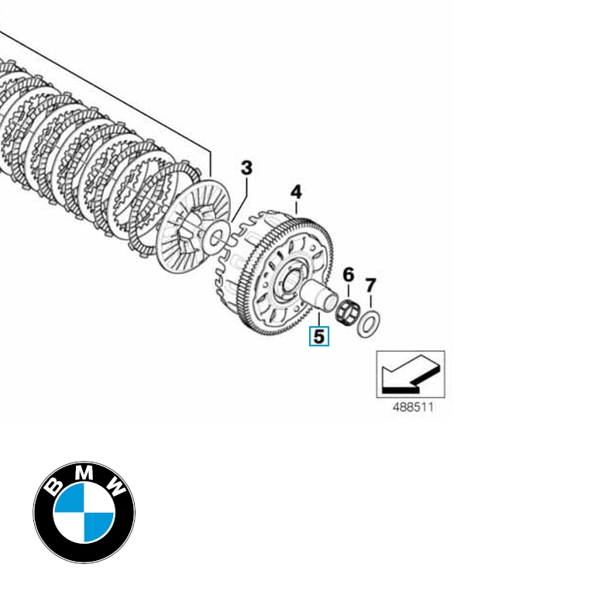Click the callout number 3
[x=246, y=167]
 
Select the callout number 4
[x=296, y=191]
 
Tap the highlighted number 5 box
[x=319, y=336]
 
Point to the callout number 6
[x=349, y=274]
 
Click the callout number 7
[x=370, y=285]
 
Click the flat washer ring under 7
[x=369, y=322]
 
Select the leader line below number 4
[x=296, y=207]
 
